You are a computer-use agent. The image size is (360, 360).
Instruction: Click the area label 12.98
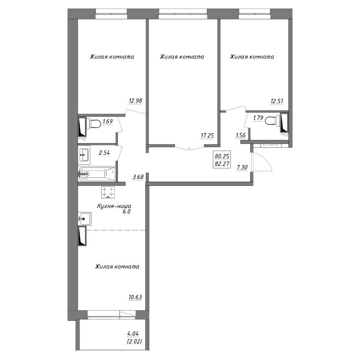coord(135,100)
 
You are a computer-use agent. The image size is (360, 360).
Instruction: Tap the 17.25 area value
coord(207,135)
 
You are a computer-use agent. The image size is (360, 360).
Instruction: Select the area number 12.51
coord(277,101)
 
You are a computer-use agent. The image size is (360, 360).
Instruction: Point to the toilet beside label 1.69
coord(95,124)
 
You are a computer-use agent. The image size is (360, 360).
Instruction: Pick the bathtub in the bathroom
coord(97,174)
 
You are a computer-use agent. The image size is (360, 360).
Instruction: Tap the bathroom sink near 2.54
coord(84,155)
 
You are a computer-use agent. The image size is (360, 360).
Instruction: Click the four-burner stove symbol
coord(108,193)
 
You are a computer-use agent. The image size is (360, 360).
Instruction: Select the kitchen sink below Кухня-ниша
coord(85,219)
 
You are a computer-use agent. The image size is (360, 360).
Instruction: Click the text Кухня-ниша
coord(114,206)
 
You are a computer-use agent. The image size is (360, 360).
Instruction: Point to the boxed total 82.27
coord(222,164)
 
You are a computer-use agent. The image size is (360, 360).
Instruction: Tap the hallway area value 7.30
coord(242,167)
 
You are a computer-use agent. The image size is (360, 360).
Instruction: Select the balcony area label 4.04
coord(133,333)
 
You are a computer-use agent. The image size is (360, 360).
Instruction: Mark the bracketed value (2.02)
coord(135,341)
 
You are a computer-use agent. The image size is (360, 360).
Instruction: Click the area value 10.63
coord(135,297)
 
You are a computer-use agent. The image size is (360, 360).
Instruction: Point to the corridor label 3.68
coord(138,177)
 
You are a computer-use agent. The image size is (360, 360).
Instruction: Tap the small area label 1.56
coord(241,135)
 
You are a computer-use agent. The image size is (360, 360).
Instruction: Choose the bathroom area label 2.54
coord(104,153)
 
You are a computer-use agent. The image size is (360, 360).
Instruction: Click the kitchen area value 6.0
coord(126,211)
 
